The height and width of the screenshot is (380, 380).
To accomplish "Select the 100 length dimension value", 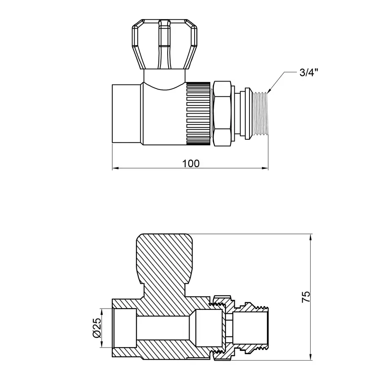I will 191,163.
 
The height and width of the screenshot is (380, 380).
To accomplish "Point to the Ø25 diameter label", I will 96,328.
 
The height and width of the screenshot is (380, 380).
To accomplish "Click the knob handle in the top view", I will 164,44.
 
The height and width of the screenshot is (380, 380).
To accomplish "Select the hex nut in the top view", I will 222,114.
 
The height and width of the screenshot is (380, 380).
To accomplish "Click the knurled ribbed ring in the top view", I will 198,113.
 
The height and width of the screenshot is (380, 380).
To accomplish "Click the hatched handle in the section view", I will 165,258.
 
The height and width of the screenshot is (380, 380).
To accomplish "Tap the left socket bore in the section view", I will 125,328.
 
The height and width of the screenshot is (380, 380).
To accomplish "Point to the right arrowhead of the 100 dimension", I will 266,168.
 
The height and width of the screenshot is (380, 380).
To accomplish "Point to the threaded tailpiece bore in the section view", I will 251,328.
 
